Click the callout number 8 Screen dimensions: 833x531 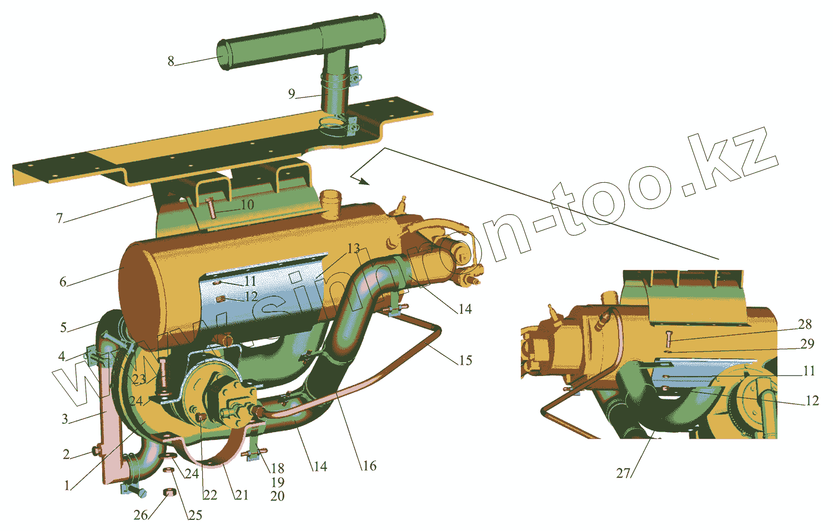[x=171, y=61]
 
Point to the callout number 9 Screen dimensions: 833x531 [x=292, y=94]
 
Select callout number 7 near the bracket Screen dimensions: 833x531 [x=60, y=218]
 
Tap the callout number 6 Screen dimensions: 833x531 [x=63, y=282]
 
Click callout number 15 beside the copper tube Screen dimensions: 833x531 [x=465, y=360]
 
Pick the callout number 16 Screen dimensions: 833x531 [x=369, y=465]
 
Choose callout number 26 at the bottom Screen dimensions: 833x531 [x=140, y=515]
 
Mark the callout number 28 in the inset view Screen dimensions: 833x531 [x=805, y=324]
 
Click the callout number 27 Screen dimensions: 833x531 [x=624, y=473]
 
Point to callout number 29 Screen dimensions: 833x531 [x=807, y=344]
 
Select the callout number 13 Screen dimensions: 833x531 [x=354, y=248]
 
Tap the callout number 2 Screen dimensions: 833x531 [x=66, y=454]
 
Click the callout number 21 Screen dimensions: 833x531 [x=242, y=494]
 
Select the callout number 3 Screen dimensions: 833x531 [x=65, y=419]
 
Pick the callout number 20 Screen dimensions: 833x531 [x=278, y=495]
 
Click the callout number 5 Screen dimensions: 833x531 [x=63, y=327]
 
